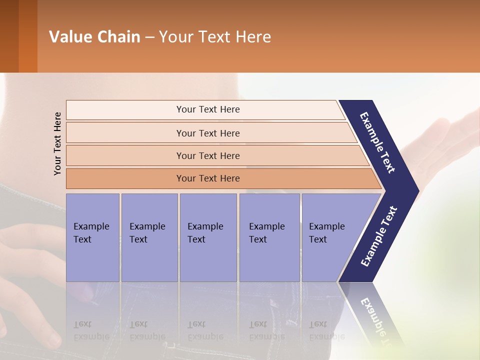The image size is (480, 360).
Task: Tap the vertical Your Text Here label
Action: point(57,143)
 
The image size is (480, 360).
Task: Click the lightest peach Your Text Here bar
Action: point(208,109)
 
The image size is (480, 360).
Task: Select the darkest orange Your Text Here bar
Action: point(208,178)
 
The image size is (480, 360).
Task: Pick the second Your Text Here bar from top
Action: point(208,133)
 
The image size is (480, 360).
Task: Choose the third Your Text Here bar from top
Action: point(208,156)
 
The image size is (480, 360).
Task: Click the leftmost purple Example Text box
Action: point(92,237)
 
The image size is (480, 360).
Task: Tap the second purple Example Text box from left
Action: point(149,237)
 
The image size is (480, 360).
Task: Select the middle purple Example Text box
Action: point(208,237)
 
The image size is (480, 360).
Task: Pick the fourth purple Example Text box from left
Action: point(269,237)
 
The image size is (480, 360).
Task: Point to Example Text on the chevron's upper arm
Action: point(378,142)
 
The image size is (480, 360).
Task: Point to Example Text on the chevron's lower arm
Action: point(379,236)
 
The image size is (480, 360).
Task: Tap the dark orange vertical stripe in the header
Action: point(28,36)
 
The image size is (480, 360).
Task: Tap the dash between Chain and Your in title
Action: point(149,37)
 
